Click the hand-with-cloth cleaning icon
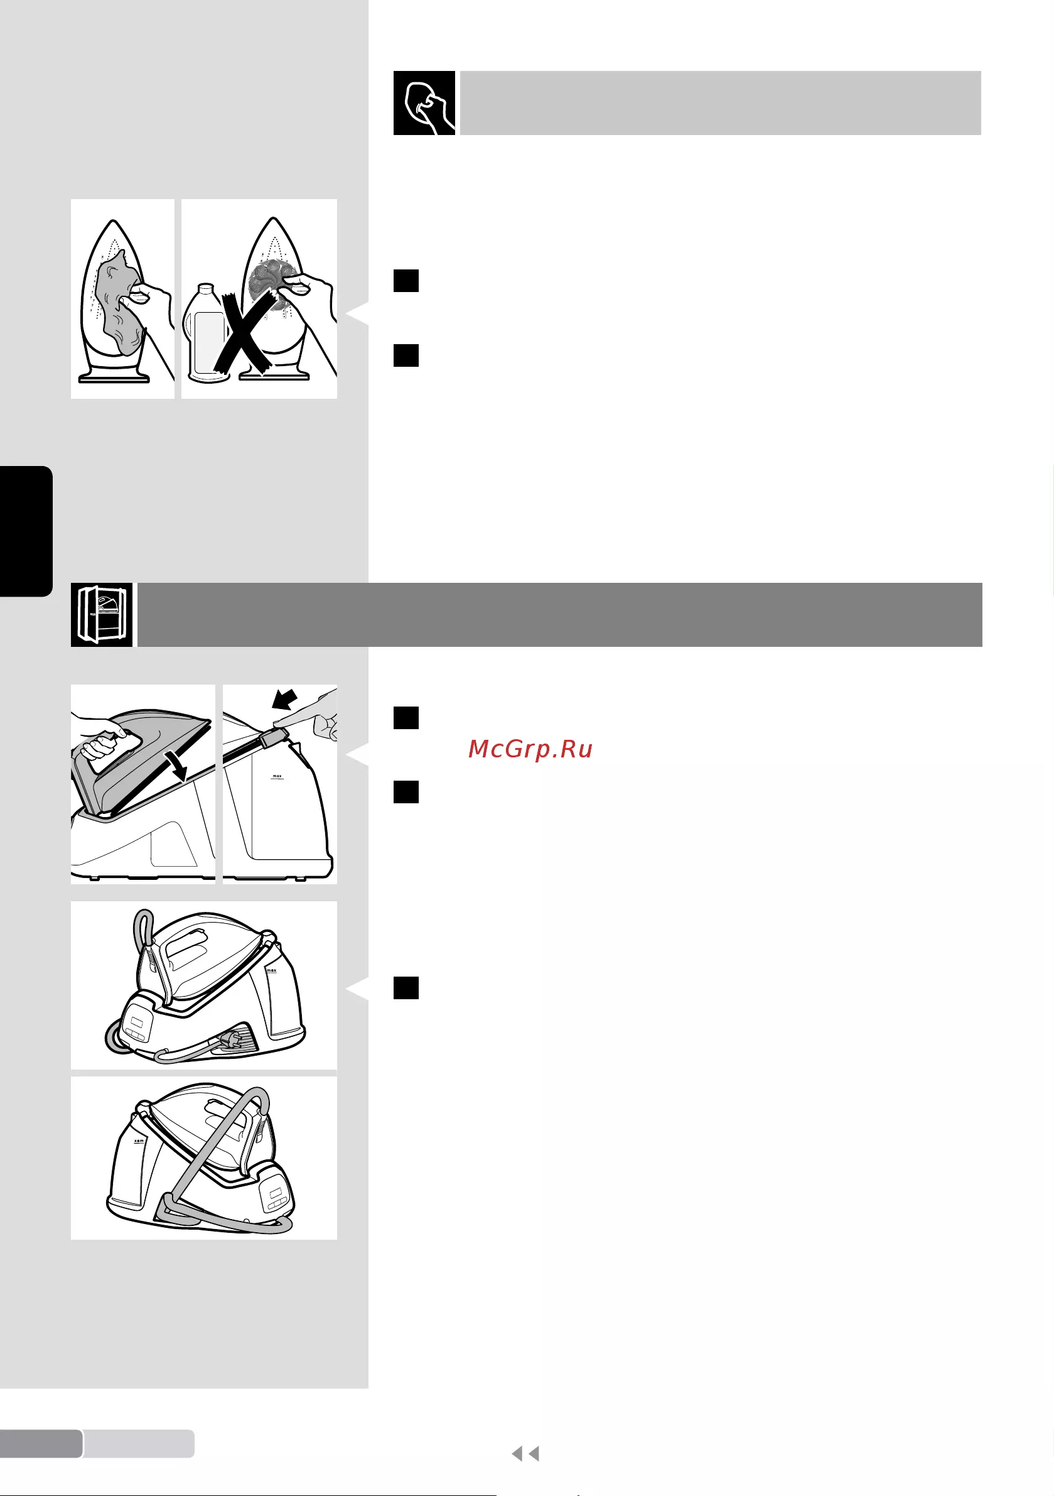pyautogui.click(x=424, y=103)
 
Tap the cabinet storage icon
pyautogui.click(x=102, y=614)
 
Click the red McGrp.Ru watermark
pyautogui.click(x=530, y=749)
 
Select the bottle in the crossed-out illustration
pyautogui.click(x=207, y=332)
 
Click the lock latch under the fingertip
pyautogui.click(x=274, y=738)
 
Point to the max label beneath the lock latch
pyautogui.click(x=277, y=777)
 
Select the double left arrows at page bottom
pyautogui.click(x=525, y=1454)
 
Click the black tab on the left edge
pyautogui.click(x=25, y=531)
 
